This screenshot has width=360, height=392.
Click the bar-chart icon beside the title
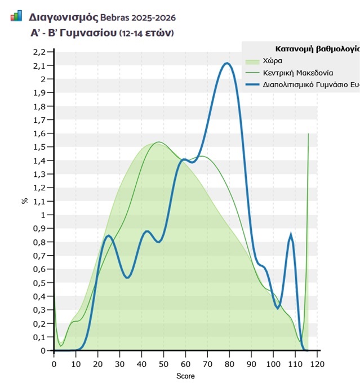[16, 16]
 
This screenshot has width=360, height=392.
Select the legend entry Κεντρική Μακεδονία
[297, 73]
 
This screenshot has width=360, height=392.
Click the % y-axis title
[24, 201]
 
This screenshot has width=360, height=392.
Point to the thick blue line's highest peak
[227, 63]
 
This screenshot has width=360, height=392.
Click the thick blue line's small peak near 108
[291, 235]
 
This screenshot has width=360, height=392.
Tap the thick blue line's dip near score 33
[128, 277]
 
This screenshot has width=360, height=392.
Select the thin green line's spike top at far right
[309, 134]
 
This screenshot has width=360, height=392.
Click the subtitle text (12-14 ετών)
[146, 33]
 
